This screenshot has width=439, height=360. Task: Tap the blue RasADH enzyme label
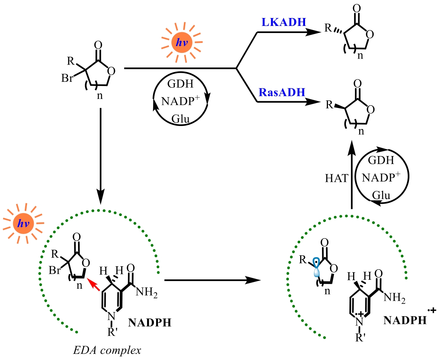pos(281,92)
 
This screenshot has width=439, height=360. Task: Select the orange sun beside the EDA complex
pos(23,224)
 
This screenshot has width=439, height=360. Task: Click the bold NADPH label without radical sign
pos(150,322)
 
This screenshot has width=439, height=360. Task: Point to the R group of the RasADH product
pos(328,103)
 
